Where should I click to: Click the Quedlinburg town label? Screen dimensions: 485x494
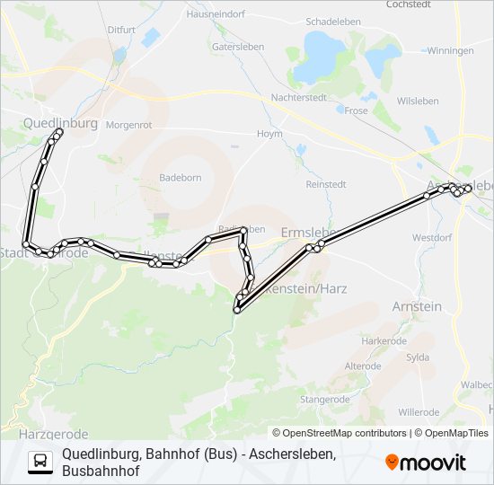click(x=60, y=123)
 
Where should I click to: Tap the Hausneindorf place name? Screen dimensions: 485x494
click(x=216, y=14)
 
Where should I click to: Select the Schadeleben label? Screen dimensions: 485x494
click(x=332, y=21)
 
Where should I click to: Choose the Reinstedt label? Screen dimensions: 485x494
click(x=326, y=184)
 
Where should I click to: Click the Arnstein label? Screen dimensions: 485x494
click(x=417, y=306)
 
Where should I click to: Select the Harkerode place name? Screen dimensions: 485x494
click(x=384, y=341)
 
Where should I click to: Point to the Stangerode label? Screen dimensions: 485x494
click(x=325, y=399)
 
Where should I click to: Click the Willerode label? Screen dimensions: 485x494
click(x=419, y=412)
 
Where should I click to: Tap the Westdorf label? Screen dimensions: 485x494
click(x=431, y=238)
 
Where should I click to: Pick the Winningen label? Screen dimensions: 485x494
click(x=451, y=50)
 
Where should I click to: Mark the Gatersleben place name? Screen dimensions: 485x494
click(x=236, y=45)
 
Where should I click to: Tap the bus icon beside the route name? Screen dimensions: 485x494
click(x=40, y=462)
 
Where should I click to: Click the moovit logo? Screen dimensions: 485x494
click(x=426, y=463)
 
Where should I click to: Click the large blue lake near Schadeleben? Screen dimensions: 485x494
click(x=320, y=56)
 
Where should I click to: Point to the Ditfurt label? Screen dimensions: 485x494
click(x=121, y=30)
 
